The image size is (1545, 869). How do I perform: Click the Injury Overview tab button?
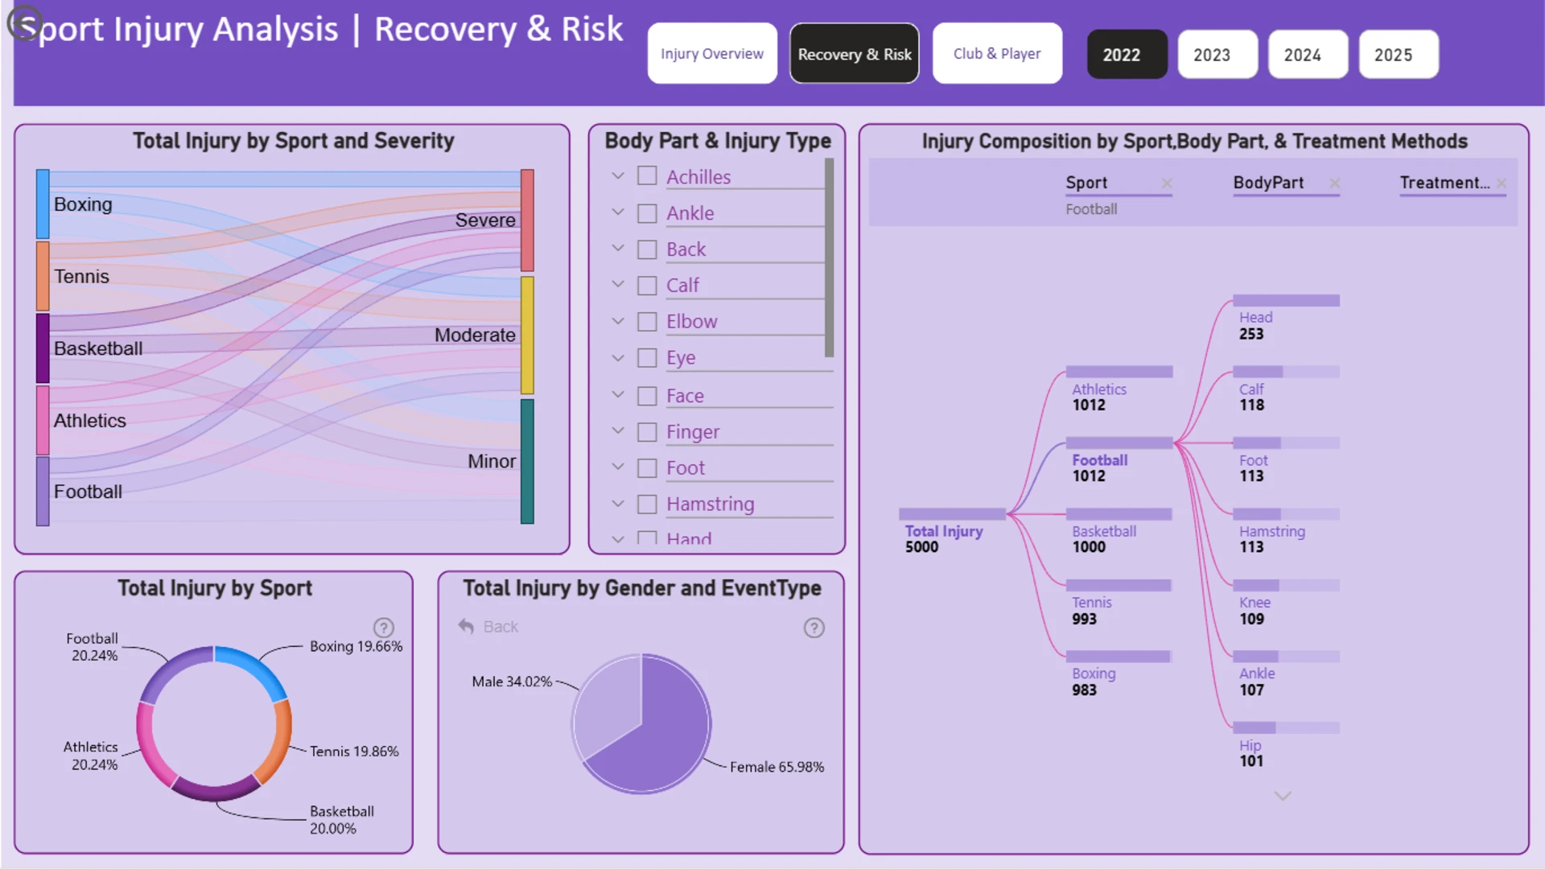point(712,54)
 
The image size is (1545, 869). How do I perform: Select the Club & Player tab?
point(997,54)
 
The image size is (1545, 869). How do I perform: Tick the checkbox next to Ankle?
point(647,213)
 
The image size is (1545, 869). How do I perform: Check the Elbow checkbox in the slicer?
point(647,322)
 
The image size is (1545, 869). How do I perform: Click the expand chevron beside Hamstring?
point(618,504)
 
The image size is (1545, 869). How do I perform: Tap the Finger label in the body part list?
point(693,432)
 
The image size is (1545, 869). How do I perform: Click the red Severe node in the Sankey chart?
point(527,220)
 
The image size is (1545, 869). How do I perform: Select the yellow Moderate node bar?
point(527,335)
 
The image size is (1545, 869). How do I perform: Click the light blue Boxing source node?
point(43,204)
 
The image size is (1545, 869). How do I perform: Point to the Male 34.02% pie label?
point(512,682)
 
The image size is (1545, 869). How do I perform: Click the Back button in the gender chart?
point(488,627)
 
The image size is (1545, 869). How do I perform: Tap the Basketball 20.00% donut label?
point(342,820)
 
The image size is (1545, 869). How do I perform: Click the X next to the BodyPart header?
point(1334,183)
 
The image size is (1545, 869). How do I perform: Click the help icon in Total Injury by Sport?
point(384,628)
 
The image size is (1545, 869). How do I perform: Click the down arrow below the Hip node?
point(1283,796)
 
